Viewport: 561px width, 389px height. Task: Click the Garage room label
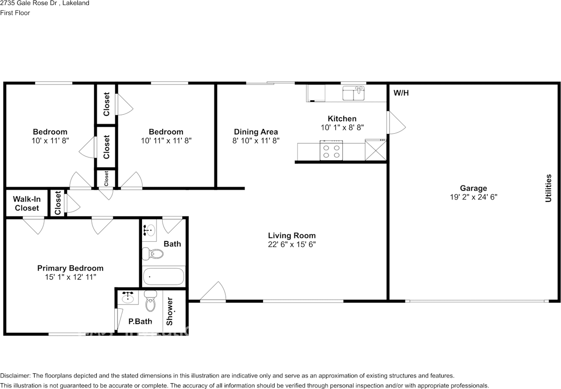pyautogui.click(x=473, y=188)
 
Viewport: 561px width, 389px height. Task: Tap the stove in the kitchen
pyautogui.click(x=331, y=151)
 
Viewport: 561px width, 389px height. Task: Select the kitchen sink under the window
pyautogui.click(x=353, y=93)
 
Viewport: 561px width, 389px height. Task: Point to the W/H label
pyautogui.click(x=401, y=93)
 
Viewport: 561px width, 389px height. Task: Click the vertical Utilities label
pyautogui.click(x=548, y=188)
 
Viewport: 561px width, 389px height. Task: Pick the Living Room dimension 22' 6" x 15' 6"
pyautogui.click(x=292, y=244)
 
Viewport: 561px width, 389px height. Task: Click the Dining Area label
pyautogui.click(x=256, y=132)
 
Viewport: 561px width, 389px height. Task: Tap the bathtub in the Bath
pyautogui.click(x=163, y=276)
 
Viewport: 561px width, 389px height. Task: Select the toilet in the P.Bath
pyautogui.click(x=150, y=301)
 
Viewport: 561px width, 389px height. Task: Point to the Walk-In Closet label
pyautogui.click(x=27, y=204)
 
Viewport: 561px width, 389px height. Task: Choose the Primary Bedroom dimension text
pyautogui.click(x=70, y=277)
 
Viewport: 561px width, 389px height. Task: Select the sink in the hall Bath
pyautogui.click(x=149, y=230)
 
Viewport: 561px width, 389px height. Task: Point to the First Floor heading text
pyautogui.click(x=15, y=13)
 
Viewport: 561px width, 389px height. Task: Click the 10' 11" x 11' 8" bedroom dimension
pyautogui.click(x=166, y=141)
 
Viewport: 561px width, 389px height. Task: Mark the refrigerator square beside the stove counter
pyautogui.click(x=376, y=150)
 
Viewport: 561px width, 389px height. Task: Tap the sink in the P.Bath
pyautogui.click(x=128, y=297)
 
